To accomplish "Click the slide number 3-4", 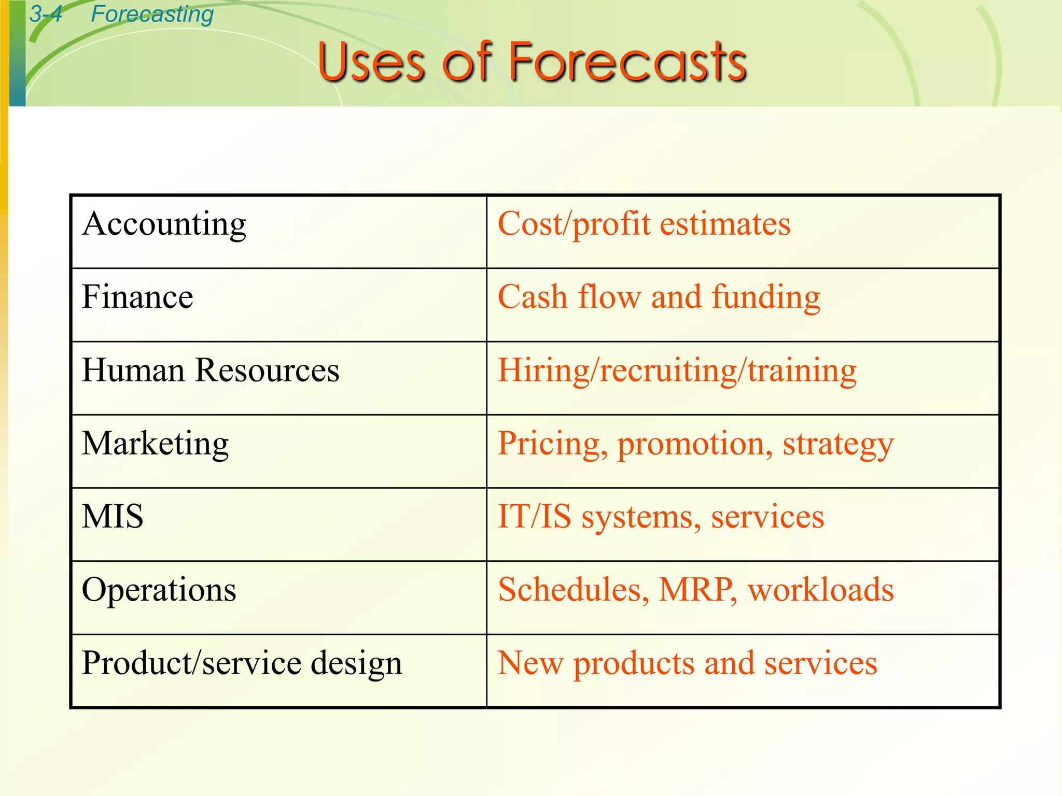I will pos(46,14).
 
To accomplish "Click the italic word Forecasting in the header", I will pos(152,14).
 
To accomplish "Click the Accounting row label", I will pos(164,224).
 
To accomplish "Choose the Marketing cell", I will pos(156,444).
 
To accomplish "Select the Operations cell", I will pos(159,590).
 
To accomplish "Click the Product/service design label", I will pos(242,663).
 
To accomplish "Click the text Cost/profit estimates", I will pos(644,224).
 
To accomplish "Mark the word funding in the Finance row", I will pos(766,297).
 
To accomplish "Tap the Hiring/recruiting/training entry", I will pos(677,371).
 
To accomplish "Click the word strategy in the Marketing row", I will pos(838,445).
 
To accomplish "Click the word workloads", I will pos(821,590).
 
